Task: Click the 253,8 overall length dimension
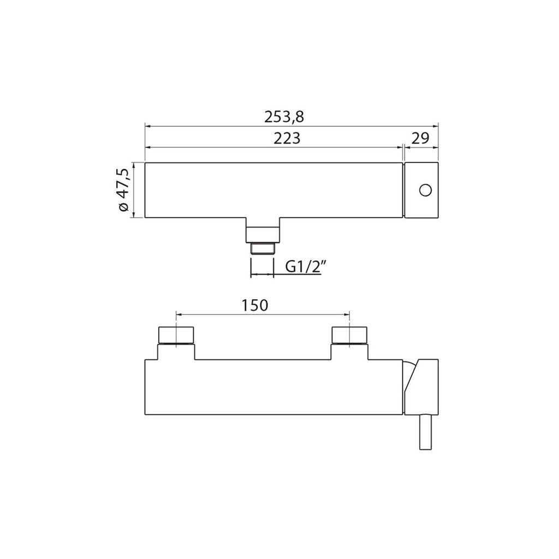[284, 116]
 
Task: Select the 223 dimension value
[287, 139]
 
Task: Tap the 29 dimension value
[420, 138]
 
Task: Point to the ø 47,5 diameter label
[123, 190]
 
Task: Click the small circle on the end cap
[425, 190]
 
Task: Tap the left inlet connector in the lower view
[176, 335]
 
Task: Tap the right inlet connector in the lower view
[349, 335]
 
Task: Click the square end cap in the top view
[421, 190]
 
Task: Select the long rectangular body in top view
[273, 190]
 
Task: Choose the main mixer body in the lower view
[273, 388]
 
